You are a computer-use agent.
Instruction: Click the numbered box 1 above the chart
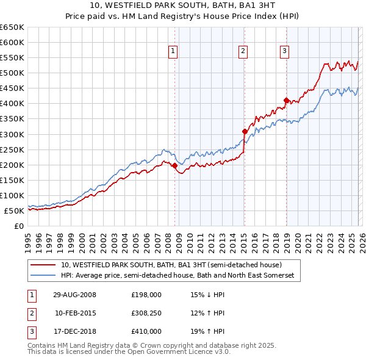coord(174,51)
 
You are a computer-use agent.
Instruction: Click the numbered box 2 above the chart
coord(243,51)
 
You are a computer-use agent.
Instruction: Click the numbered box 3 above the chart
coord(285,51)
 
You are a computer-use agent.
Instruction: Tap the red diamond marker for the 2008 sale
coord(174,165)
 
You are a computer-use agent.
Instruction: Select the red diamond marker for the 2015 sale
coord(245,131)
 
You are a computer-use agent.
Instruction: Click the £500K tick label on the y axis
coord(12,73)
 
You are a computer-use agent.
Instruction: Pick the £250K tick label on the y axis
coord(12,149)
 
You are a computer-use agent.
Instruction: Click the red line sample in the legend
coord(43,265)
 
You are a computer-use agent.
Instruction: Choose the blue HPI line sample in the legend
coord(43,276)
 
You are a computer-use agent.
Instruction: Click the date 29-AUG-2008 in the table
coord(74,295)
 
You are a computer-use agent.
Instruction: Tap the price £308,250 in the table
coord(146,313)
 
